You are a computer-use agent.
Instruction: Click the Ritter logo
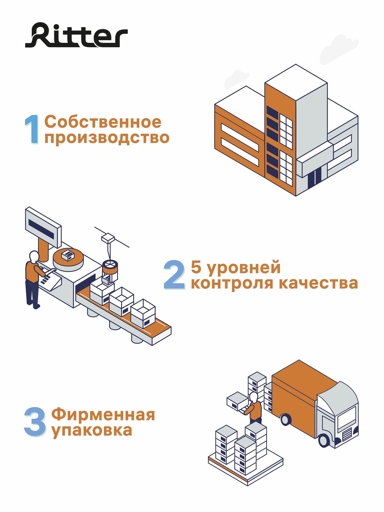coord(76,35)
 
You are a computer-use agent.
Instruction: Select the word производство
coord(107,138)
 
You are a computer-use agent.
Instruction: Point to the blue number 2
coord(174,275)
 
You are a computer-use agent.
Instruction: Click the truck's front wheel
coord(324,440)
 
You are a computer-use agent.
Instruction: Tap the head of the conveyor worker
coord(34,256)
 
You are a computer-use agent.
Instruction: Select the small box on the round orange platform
coord(68,255)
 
